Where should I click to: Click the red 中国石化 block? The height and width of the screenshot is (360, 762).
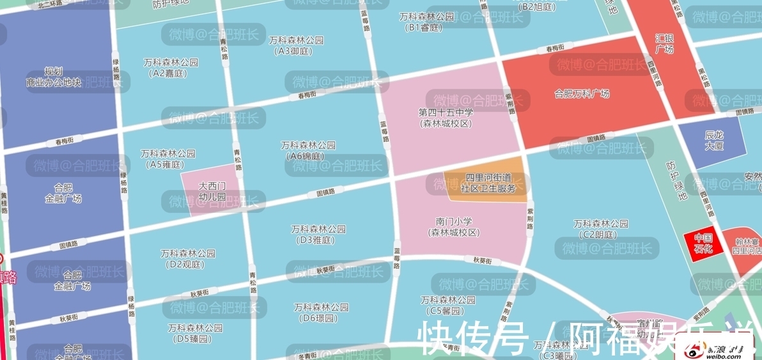(703, 243)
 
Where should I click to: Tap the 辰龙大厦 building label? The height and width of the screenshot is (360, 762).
(713, 141)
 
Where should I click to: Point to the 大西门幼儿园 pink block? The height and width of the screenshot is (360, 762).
(212, 191)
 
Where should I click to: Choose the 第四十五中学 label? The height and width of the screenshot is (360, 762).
(446, 118)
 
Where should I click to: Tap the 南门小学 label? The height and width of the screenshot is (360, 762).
(454, 227)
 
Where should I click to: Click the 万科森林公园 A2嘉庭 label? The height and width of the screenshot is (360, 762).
(171, 68)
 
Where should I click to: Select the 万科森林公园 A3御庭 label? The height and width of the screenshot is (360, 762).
(296, 45)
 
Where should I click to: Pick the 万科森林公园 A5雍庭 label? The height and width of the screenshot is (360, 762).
(167, 159)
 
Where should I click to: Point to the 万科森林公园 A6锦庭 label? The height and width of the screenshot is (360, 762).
(307, 150)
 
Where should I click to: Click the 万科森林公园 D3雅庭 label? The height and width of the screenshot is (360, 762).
(318, 234)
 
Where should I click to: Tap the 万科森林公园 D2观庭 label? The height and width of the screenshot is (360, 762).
(187, 258)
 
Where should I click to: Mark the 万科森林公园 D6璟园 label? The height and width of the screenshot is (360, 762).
(321, 313)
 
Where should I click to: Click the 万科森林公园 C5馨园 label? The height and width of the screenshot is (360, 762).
(447, 305)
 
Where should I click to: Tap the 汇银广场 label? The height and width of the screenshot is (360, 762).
(665, 43)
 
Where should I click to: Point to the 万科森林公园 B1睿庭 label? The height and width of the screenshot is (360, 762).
(426, 22)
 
